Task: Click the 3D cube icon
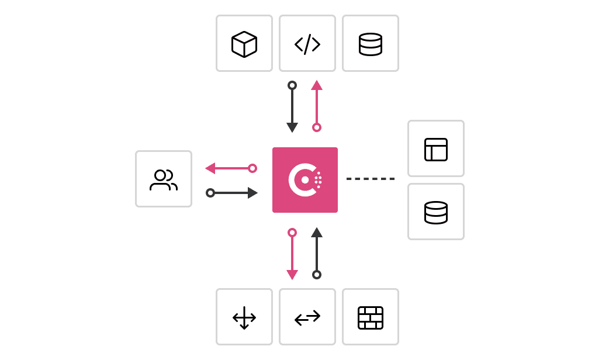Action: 244,44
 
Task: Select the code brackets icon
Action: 307,44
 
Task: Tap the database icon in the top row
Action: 371,44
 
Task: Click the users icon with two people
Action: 164,179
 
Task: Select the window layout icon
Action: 436,149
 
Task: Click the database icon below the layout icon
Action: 436,212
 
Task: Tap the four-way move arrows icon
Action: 244,317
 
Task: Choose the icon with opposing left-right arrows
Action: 307,317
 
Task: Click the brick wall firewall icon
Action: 371,317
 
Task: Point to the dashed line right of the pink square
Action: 371,179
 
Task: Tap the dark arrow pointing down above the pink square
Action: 292,109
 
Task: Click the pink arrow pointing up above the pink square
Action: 317,105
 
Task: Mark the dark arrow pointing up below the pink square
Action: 317,251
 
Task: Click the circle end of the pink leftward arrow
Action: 252,168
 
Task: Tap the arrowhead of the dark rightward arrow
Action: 252,193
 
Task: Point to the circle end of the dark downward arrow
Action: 292,85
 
